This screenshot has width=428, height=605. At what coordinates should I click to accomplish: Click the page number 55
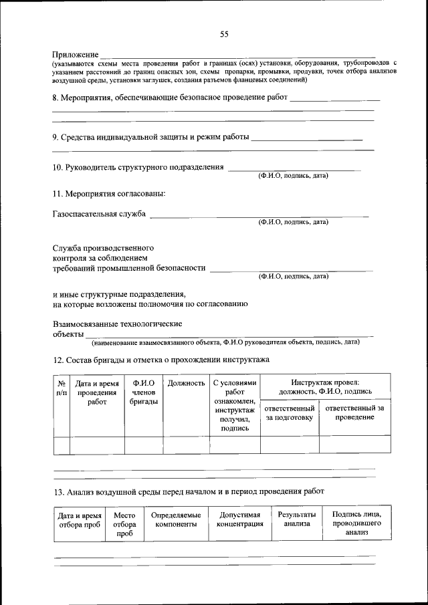coord(224,35)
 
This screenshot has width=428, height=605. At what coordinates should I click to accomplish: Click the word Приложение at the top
coord(76,54)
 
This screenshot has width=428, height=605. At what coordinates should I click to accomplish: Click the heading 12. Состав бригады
coord(160,360)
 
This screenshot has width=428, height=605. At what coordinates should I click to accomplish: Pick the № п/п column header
coord(61,388)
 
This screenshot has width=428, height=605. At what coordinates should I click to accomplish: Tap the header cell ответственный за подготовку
coord(290,412)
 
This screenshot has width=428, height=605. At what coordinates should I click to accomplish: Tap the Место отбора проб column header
coord(124,525)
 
